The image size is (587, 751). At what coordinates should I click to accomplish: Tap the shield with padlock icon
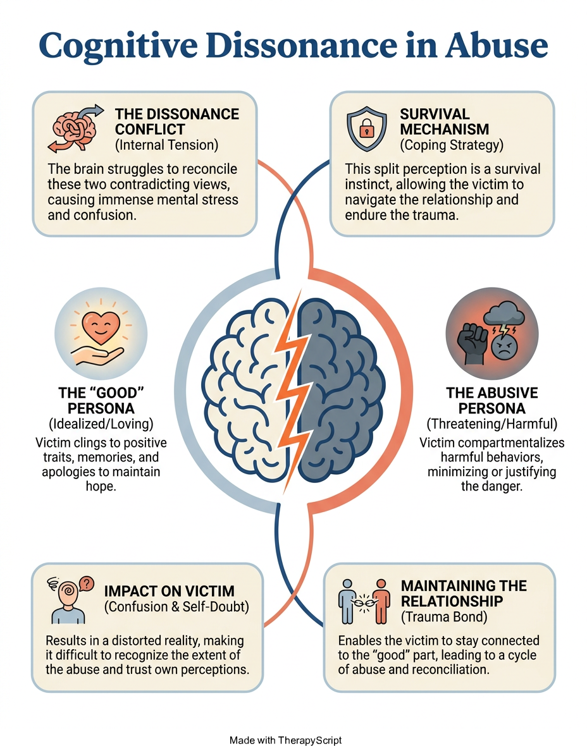pos(367,129)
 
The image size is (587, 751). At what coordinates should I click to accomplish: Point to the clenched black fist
pos(472,343)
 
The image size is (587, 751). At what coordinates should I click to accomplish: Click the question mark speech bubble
pos(86,583)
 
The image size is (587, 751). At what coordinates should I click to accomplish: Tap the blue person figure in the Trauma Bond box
pos(347,602)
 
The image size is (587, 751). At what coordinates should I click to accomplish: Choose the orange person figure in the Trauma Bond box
pos(381,602)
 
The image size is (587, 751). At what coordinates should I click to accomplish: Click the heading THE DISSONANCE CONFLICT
pos(177,121)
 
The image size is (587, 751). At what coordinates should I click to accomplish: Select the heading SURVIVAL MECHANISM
pos(444,121)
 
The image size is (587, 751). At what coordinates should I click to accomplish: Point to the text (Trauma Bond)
pos(443,616)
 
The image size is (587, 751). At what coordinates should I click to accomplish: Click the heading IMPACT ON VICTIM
pos(169,591)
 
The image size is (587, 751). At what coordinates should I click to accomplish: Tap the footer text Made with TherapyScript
pos(286,740)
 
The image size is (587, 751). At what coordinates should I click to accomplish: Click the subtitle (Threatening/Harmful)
pos(491,424)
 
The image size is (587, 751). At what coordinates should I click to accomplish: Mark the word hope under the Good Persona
pos(100,487)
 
